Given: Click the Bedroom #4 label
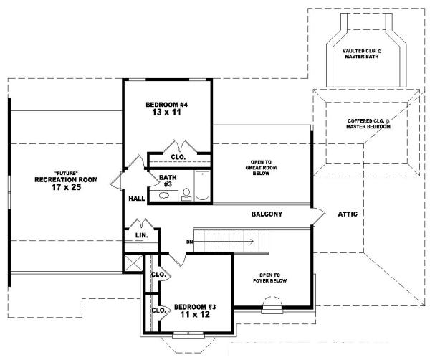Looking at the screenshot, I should pyautogui.click(x=168, y=105).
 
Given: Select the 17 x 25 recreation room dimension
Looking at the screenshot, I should pyautogui.click(x=61, y=189).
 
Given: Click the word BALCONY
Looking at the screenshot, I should pyautogui.click(x=267, y=214).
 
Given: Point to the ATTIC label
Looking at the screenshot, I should pyautogui.click(x=348, y=214).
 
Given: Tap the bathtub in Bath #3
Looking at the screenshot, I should pyautogui.click(x=201, y=185).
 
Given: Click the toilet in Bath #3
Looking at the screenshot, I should pyautogui.click(x=186, y=192).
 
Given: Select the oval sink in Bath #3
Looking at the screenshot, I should pyautogui.click(x=164, y=194).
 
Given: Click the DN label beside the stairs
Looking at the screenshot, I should pyautogui.click(x=189, y=241).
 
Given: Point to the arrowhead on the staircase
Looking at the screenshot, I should pyautogui.click(x=252, y=241).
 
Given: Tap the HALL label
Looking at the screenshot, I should pyautogui.click(x=137, y=199).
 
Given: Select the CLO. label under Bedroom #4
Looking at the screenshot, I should pyautogui.click(x=178, y=156).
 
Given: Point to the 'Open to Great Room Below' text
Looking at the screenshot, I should pyautogui.click(x=261, y=172).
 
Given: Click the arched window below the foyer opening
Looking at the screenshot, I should pyautogui.click(x=272, y=309).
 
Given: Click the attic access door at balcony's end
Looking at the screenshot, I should pyautogui.click(x=316, y=214).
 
